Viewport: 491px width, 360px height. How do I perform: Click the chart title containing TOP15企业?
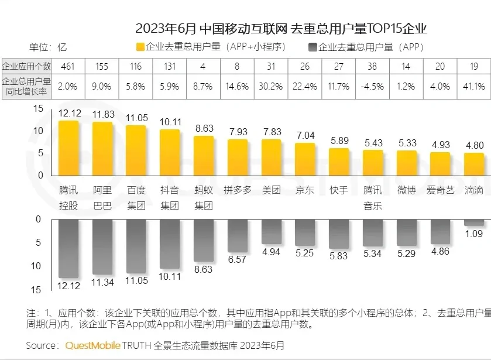[281, 28]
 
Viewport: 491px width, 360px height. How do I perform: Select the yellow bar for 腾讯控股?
[68, 148]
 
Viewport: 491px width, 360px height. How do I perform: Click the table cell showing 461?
[68, 66]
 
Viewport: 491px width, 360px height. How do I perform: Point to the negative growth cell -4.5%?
[372, 87]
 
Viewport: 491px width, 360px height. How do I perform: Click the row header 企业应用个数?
[26, 66]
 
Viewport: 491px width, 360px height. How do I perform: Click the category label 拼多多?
[237, 190]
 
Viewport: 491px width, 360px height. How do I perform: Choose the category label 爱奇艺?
[440, 190]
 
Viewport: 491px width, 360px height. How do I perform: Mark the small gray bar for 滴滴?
[473, 222]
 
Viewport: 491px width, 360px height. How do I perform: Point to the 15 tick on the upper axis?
[38, 109]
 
